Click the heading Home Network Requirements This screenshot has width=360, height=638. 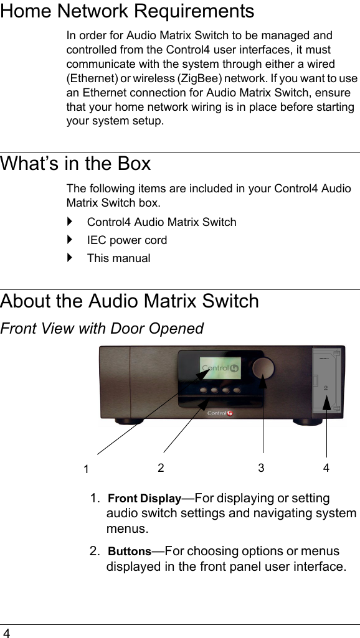pos(127,11)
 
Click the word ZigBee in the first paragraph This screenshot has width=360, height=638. pos(200,78)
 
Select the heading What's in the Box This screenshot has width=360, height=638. pos(75,164)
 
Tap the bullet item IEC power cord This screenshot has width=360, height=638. pos(126,240)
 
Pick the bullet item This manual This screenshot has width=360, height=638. pos(118,258)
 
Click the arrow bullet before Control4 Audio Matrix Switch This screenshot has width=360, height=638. pos(70,222)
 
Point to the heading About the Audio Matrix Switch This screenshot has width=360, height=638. pos(130,301)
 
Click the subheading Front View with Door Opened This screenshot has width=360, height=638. pos(102,329)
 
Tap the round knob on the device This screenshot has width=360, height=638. pos(263,367)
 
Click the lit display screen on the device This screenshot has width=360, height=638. pos(220,368)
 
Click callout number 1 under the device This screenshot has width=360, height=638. pos(86,469)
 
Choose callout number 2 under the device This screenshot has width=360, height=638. pos(161,468)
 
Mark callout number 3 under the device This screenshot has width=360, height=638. pos(261,468)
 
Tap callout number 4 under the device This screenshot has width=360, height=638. pos(326,468)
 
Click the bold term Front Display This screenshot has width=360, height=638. pos(144,499)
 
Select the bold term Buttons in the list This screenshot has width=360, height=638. pos(130,551)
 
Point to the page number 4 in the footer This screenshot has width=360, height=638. pos(6,632)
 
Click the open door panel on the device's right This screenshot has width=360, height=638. pos(326,383)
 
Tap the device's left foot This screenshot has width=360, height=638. pos(129,421)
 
